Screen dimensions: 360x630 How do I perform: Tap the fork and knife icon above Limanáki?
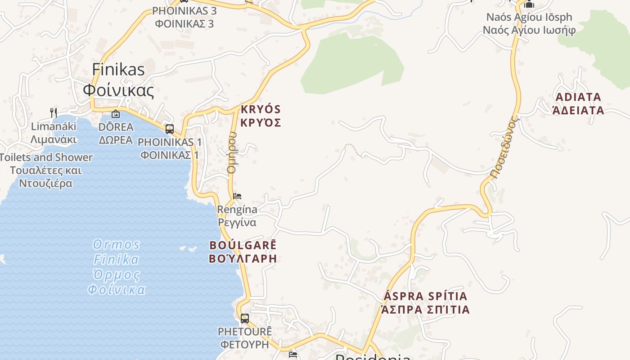click(54, 112)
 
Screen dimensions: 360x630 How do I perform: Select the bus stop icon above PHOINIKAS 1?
click(170, 129)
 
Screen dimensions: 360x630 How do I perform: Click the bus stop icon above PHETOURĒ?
click(245, 319)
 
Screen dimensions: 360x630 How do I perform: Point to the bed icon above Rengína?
click(237, 196)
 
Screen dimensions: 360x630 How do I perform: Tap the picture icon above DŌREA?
click(116, 114)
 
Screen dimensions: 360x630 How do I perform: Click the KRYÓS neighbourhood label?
click(261, 116)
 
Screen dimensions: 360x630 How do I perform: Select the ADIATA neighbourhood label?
click(578, 103)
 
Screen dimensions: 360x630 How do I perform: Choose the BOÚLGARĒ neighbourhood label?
click(243, 252)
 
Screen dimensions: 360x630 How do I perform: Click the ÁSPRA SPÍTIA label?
click(425, 303)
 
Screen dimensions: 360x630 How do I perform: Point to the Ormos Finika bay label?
click(117, 267)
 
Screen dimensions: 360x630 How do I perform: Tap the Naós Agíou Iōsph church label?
click(529, 23)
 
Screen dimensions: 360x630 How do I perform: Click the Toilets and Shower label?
click(46, 170)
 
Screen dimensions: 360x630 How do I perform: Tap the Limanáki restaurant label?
click(54, 132)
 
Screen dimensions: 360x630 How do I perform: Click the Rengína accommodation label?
click(237, 216)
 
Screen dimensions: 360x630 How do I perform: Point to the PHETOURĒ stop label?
click(245, 338)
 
